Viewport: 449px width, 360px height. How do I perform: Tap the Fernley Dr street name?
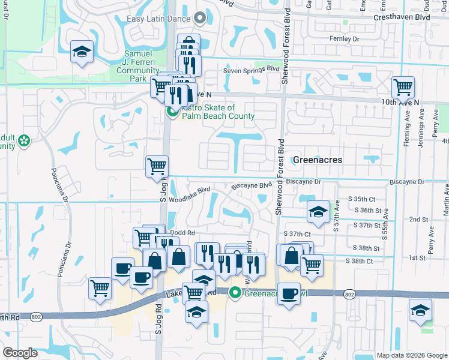click(344, 38)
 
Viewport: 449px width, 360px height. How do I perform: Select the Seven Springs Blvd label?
click(252, 70)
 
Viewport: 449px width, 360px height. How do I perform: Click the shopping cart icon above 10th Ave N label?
click(403, 87)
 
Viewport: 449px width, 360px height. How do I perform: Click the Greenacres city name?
click(318, 160)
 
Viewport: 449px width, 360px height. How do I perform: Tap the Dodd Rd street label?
click(182, 233)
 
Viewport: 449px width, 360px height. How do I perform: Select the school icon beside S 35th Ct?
click(318, 211)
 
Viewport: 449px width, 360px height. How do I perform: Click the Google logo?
click(20, 353)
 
